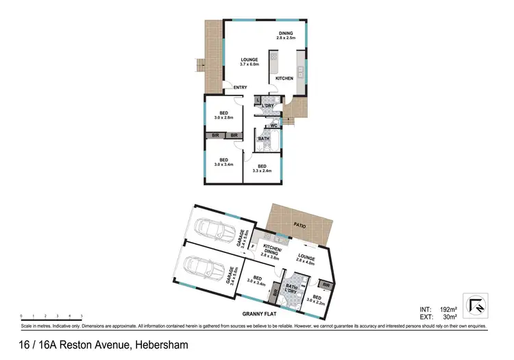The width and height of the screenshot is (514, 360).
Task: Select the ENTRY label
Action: [x=240, y=87]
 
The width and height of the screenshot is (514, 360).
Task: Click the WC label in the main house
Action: [x=273, y=125]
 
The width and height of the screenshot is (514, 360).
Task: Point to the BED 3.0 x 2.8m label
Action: [x=223, y=116]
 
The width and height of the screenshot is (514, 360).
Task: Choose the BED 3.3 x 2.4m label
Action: [x=262, y=168]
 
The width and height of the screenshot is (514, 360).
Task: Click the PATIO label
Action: [x=298, y=225]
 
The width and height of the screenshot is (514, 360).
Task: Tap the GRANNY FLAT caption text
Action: [x=258, y=314]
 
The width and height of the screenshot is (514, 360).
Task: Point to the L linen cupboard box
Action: [x=258, y=101]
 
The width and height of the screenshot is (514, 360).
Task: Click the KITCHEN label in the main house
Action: [x=284, y=78]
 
